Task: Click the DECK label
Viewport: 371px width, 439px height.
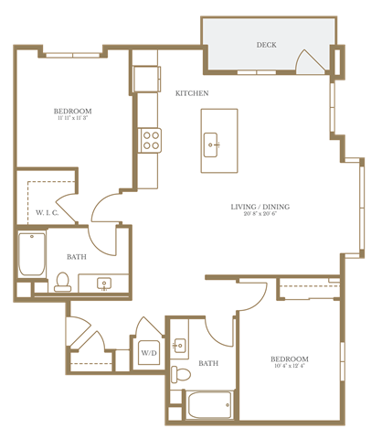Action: tap(266, 45)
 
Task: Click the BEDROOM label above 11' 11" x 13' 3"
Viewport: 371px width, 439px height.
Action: tap(73, 111)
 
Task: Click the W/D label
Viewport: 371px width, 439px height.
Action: tap(148, 352)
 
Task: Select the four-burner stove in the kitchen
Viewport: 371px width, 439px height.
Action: tap(150, 140)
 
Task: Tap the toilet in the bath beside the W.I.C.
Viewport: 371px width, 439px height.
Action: tap(63, 280)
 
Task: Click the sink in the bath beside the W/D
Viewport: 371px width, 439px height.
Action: tap(179, 345)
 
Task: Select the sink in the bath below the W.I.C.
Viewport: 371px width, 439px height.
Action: tap(102, 283)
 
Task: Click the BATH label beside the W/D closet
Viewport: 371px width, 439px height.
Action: tap(208, 363)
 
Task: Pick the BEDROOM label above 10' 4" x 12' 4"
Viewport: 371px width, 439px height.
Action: tap(289, 359)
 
